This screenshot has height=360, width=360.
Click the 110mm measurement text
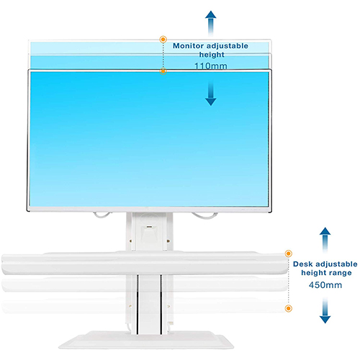coord(211,66)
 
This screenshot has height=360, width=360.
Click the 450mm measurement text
coord(325,285)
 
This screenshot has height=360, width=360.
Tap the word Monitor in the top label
coord(188,46)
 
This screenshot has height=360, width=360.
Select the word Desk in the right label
coord(303,264)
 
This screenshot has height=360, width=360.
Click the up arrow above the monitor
coord(210,23)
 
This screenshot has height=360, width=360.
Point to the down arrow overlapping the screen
coord(210,94)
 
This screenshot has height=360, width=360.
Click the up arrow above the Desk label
coord(325,240)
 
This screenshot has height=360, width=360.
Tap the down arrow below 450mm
coord(325,310)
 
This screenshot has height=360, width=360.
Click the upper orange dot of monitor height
coord(163,39)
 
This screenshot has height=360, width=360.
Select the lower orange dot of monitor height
coord(163,71)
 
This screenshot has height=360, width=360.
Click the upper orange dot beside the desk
coord(288,253)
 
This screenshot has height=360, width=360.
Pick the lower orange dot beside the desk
coord(288,308)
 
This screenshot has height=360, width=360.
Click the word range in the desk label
coord(340,273)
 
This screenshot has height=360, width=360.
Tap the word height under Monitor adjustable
coord(212,55)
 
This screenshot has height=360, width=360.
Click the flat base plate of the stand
coord(146,341)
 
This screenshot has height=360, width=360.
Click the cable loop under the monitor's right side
coord(204,217)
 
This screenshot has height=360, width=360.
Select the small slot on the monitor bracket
coord(150,227)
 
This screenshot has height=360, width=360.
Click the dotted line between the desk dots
coord(288,281)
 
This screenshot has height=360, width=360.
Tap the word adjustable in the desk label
coord(336,264)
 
